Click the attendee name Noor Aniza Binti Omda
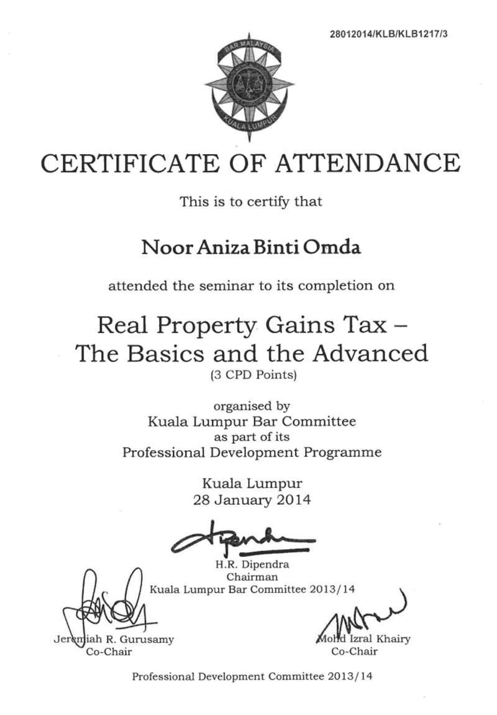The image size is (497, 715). click(251, 248)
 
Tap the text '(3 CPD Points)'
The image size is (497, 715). click(251, 374)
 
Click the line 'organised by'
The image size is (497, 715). click(251, 408)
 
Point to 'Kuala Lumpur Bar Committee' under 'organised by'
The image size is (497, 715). click(251, 422)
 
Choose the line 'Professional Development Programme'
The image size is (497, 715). click(251, 452)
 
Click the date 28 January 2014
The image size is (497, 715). click(251, 499)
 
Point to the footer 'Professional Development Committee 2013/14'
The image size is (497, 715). click(251, 676)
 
